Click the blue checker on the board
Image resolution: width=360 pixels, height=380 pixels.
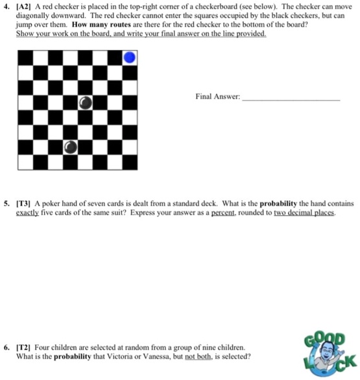130,58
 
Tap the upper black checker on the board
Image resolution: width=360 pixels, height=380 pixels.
86,102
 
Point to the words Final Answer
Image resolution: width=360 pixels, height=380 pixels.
217,97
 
